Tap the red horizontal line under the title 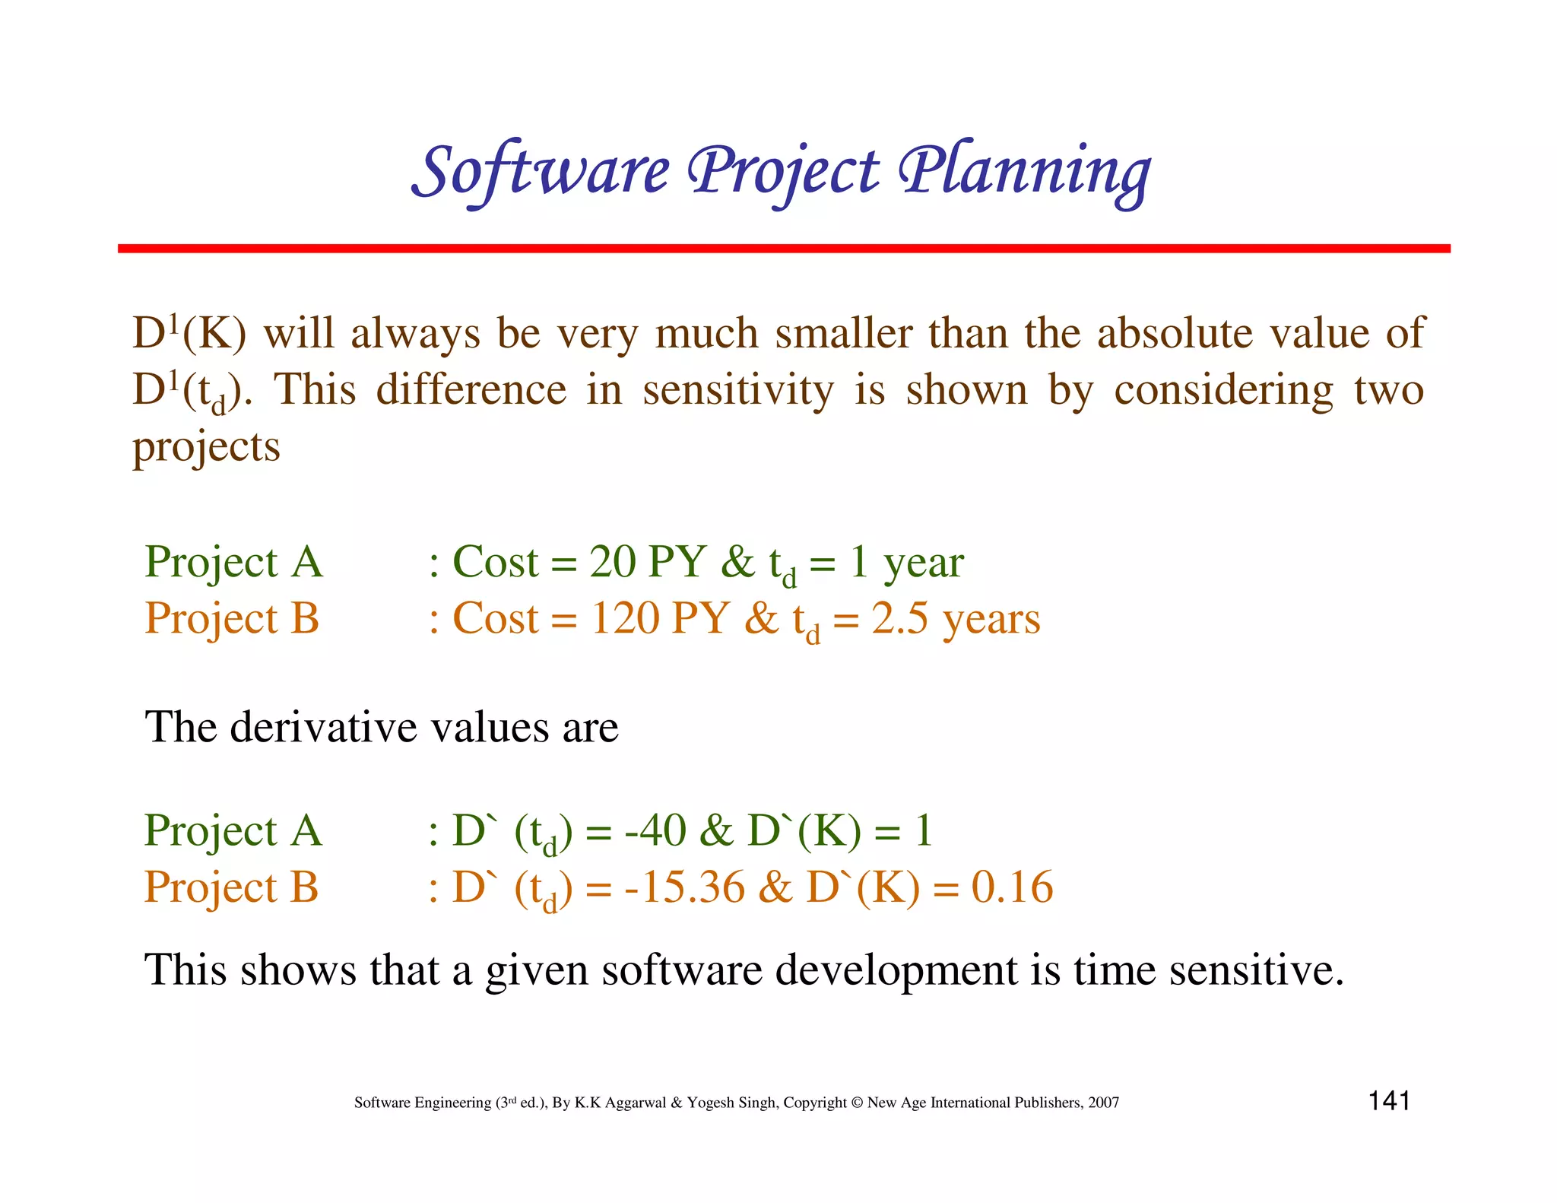[x=783, y=249]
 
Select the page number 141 [x=1389, y=1100]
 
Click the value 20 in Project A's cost [x=612, y=562]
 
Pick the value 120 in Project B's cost [x=625, y=618]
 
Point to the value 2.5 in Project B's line [x=899, y=618]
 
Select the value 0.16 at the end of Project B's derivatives [x=1012, y=887]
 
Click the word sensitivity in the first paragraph [x=737, y=390]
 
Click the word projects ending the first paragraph [x=207, y=448]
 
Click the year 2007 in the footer [x=1103, y=1103]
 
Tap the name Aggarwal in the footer [x=636, y=1103]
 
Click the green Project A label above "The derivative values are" [x=233, y=563]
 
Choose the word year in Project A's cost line [x=924, y=565]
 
